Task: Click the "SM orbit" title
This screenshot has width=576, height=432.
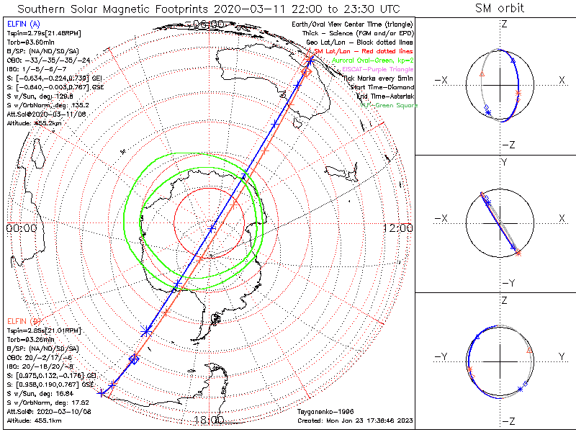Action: pyautogui.click(x=500, y=8)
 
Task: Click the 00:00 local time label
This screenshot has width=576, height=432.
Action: pyautogui.click(x=21, y=228)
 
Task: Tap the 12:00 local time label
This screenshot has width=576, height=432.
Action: pyautogui.click(x=398, y=228)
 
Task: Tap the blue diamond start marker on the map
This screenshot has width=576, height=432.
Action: pyautogui.click(x=133, y=359)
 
